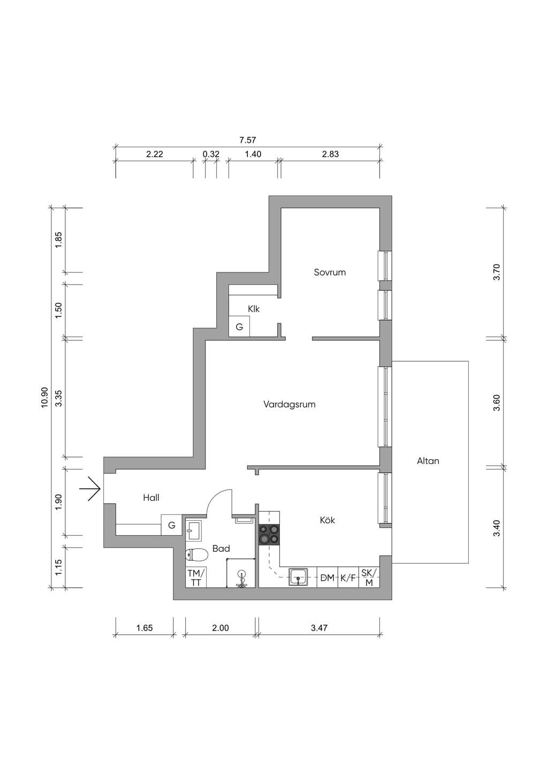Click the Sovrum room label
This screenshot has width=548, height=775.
coord(330,272)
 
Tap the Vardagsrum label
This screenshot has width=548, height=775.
coord(289,405)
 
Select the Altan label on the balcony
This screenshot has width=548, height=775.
coord(428,461)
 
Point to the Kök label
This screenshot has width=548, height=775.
coord(328,520)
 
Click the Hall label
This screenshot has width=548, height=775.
coord(151,498)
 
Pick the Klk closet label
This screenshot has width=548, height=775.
coord(254,309)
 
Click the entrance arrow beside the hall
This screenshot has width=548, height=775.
coord(90,489)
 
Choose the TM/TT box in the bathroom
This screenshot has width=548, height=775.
coord(196,578)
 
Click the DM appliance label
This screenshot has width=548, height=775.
coord(328,578)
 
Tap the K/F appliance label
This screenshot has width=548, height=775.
coord(348,578)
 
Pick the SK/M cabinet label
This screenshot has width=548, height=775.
coord(369,578)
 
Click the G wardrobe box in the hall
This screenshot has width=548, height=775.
coord(172,525)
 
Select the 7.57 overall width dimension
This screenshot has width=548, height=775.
coord(248,140)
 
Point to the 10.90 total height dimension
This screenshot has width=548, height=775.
coord(44,398)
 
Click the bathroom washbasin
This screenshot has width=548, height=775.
coord(194,529)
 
